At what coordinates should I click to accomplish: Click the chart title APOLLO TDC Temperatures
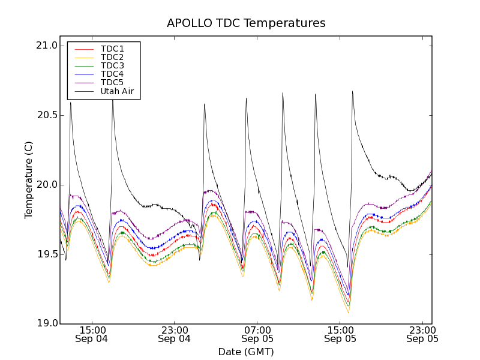[246, 23]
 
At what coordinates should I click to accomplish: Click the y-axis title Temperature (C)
[29, 180]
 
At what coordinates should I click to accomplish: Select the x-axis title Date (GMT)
[246, 352]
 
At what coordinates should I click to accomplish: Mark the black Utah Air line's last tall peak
[352, 92]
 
